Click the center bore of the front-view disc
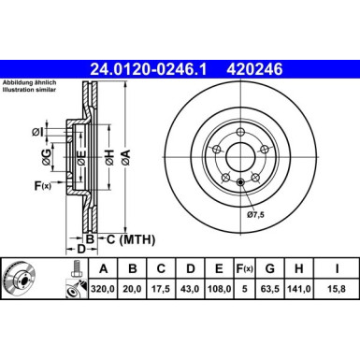pyautogui.click(x=240, y=157)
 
